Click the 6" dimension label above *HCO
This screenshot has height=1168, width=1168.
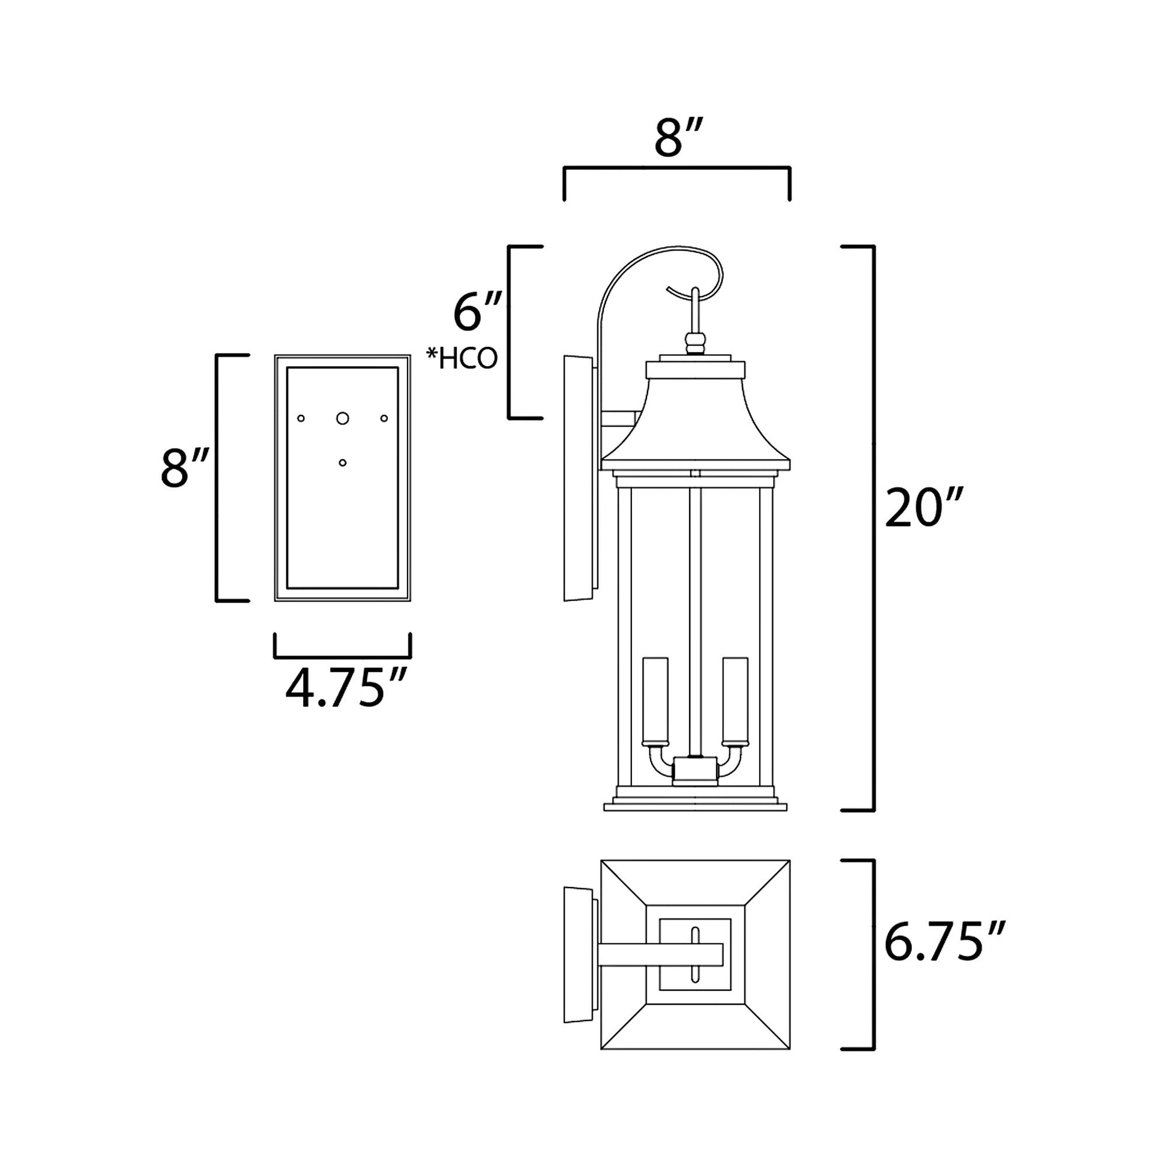(x=477, y=313)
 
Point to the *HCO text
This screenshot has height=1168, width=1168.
(x=462, y=358)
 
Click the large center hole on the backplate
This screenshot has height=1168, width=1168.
(x=343, y=418)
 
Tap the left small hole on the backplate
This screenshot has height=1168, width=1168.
(x=301, y=418)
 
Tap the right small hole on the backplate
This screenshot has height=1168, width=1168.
(x=384, y=418)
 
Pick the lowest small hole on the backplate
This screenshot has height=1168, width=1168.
(x=343, y=463)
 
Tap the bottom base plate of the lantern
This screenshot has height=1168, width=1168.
(x=695, y=807)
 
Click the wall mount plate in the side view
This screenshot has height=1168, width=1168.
(x=577, y=478)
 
